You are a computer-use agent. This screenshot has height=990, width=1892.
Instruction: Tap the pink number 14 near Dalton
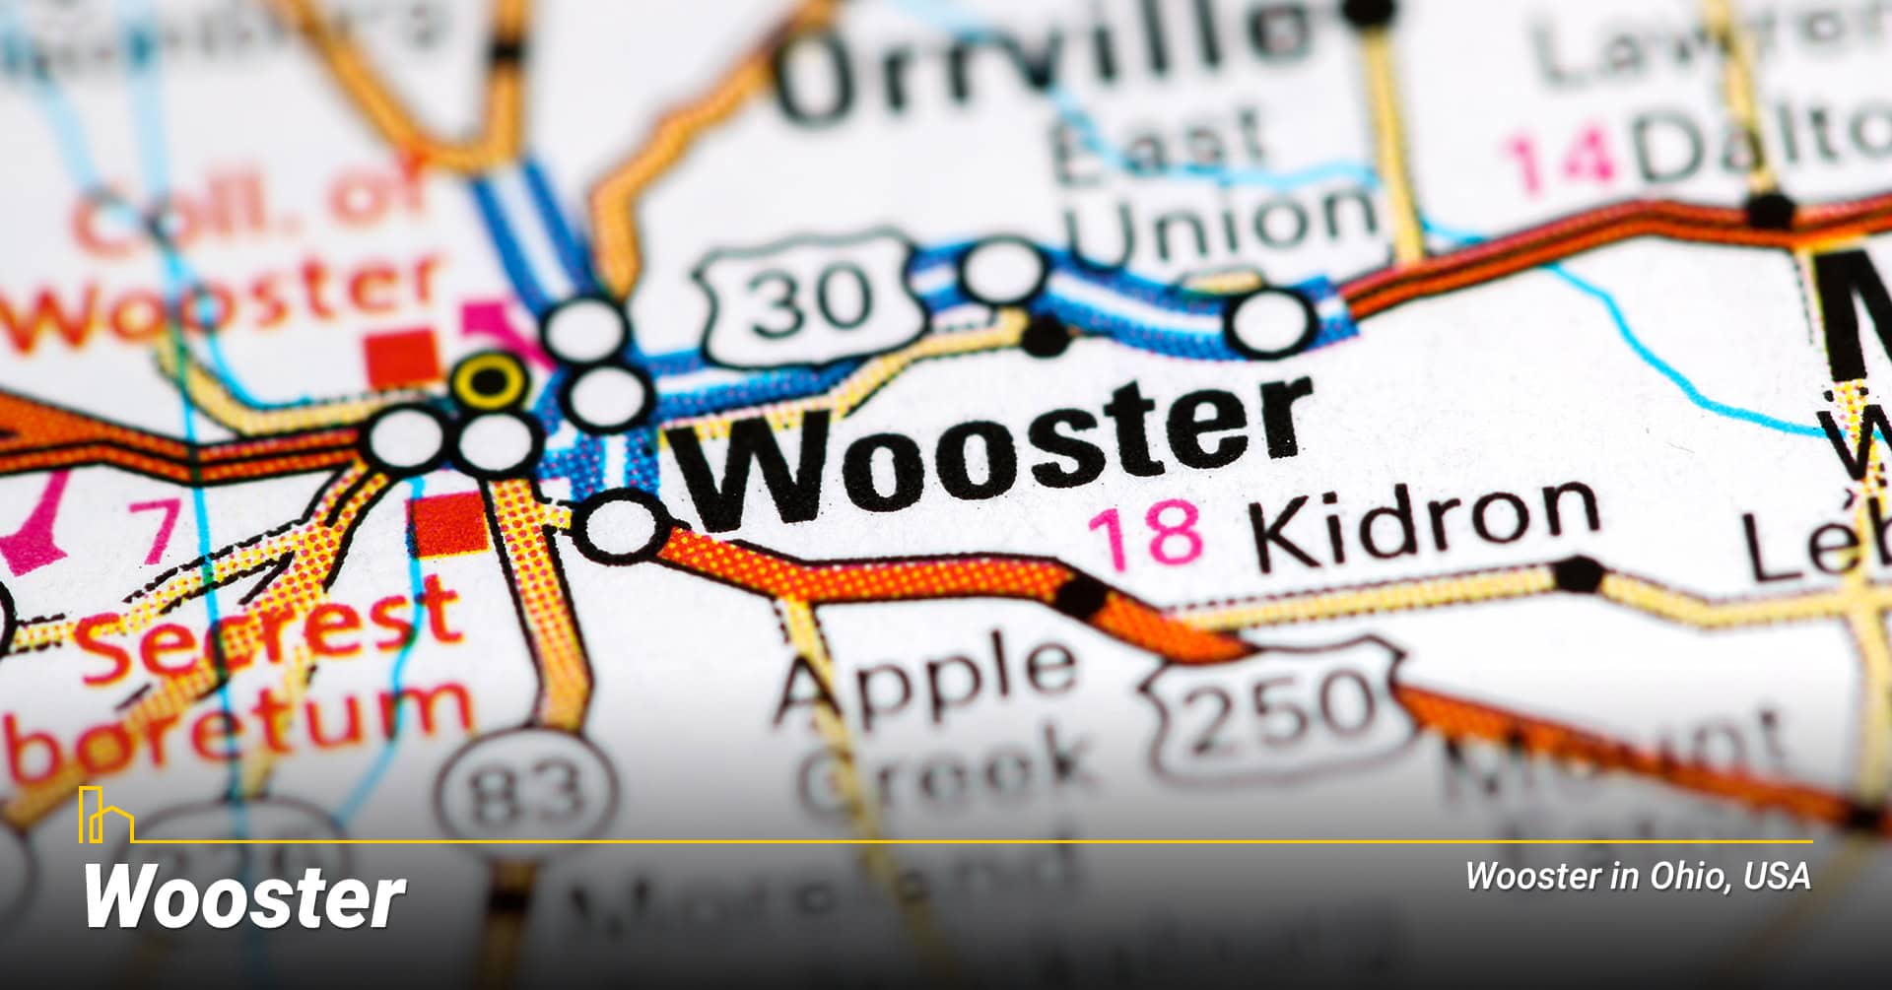pos(1557,158)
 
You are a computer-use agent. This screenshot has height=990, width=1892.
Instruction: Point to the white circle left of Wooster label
pos(621,526)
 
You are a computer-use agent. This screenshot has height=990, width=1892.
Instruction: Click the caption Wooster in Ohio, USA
pos(1637,876)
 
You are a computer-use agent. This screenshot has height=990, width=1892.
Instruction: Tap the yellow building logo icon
pos(104,816)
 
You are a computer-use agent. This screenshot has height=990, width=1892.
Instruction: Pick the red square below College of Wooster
pos(403,357)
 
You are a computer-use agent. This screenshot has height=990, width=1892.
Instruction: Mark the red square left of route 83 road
pos(449,523)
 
